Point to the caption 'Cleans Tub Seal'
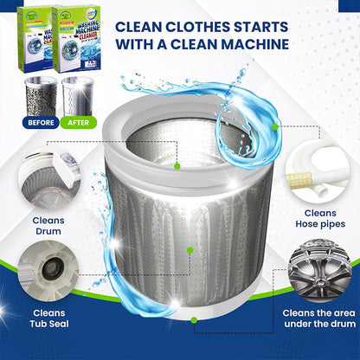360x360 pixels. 48,319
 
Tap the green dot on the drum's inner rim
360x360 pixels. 177,164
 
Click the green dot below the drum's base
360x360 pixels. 196,328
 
